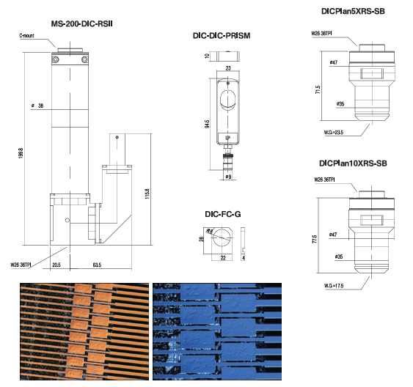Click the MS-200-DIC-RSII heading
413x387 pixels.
(x=81, y=23)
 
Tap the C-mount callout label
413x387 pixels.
(x=26, y=35)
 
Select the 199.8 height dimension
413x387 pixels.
(x=21, y=153)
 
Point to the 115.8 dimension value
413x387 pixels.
(x=147, y=193)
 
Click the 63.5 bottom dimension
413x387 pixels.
(x=97, y=265)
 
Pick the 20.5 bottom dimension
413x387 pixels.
(x=56, y=265)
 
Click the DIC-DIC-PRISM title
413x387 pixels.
(x=222, y=35)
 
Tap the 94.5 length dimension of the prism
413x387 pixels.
(x=207, y=124)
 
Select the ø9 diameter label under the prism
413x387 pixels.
(x=228, y=177)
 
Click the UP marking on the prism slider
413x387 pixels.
(x=228, y=138)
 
